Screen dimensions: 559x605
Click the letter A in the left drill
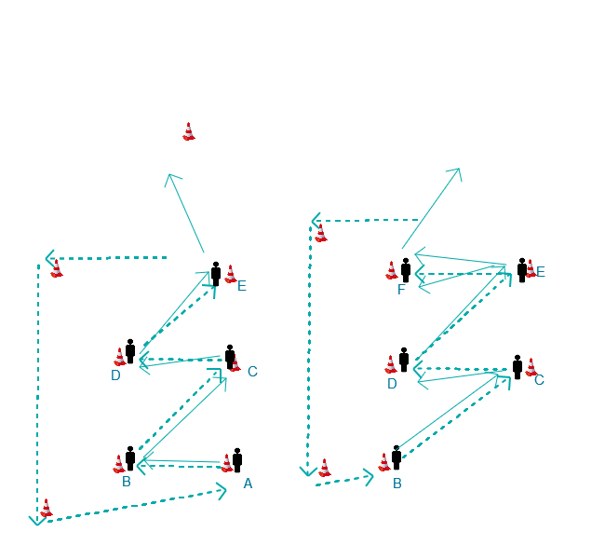click(x=248, y=484)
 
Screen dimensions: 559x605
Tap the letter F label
click(x=401, y=290)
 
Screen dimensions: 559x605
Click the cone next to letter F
click(x=392, y=270)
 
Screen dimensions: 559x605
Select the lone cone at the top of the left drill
click(x=189, y=131)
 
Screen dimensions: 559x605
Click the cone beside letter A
click(x=227, y=463)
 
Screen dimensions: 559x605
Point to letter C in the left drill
click(x=252, y=372)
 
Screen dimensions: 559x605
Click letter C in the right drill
click(x=539, y=380)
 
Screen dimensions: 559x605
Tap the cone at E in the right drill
click(x=531, y=268)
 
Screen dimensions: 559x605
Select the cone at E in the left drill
click(x=231, y=274)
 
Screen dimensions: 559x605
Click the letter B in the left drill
click(x=127, y=482)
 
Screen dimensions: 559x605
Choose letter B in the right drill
click(x=397, y=484)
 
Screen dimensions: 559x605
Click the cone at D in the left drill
click(x=120, y=357)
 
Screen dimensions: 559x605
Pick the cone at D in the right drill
click(x=391, y=364)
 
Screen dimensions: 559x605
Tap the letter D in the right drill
click(x=392, y=384)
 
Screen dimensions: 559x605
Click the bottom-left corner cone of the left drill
click(x=47, y=508)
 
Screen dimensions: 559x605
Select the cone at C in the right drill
click(x=531, y=366)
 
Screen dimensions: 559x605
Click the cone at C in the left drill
click(x=236, y=362)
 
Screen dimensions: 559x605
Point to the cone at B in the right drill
click(x=384, y=461)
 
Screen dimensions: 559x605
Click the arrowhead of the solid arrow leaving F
click(x=458, y=170)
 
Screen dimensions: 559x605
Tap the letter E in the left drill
click(x=242, y=286)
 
